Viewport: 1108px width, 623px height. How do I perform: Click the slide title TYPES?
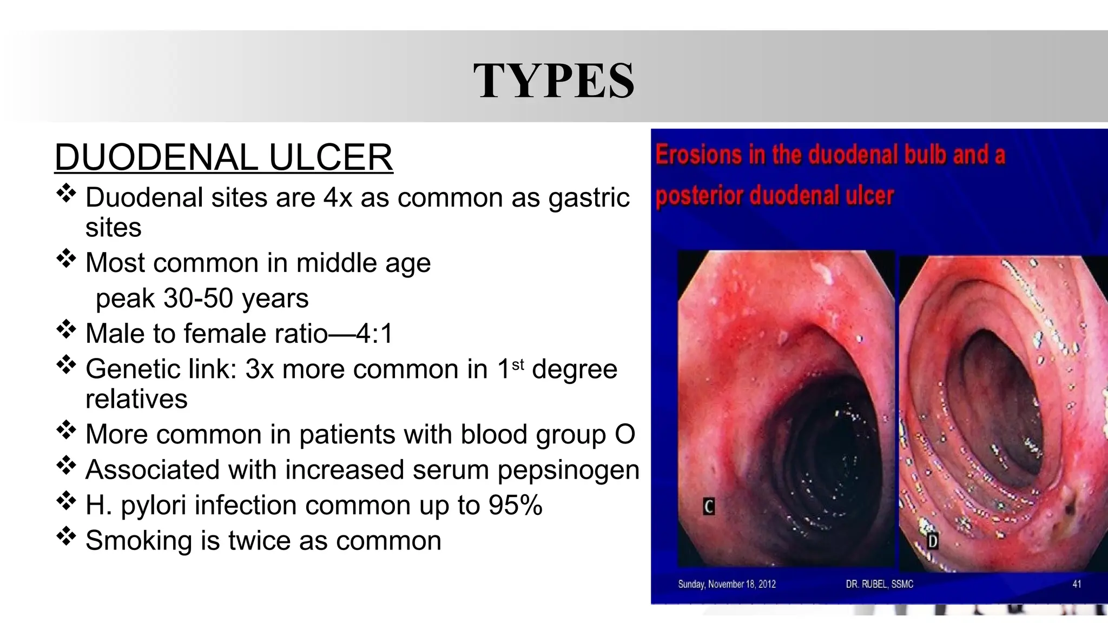tap(553, 81)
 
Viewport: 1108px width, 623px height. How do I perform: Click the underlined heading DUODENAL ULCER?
tap(223, 157)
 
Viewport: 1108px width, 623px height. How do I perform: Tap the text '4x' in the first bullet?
tap(338, 197)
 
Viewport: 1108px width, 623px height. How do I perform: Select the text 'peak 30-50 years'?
tap(202, 298)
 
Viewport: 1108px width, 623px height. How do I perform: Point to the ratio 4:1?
tap(374, 333)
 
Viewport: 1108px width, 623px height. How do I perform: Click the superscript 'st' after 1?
tap(518, 364)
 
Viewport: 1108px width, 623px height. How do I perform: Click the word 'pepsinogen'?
tap(569, 469)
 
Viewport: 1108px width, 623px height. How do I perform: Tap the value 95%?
tap(515, 505)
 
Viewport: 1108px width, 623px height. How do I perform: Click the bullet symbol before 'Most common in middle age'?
tap(66, 259)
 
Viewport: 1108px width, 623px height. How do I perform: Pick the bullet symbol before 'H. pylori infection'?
tap(66, 501)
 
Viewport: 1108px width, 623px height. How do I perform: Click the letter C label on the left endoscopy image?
tap(709, 507)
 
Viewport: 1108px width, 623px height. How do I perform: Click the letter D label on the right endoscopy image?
tap(933, 541)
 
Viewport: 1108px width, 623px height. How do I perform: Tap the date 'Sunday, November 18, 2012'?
tap(727, 584)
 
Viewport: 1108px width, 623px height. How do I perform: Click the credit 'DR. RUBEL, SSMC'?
tap(879, 584)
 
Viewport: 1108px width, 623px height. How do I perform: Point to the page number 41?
tap(1076, 584)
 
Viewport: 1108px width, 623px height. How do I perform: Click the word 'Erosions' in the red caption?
tap(698, 155)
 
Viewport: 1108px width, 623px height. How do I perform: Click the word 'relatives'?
tap(136, 399)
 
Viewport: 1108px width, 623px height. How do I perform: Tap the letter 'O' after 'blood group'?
tap(625, 434)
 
